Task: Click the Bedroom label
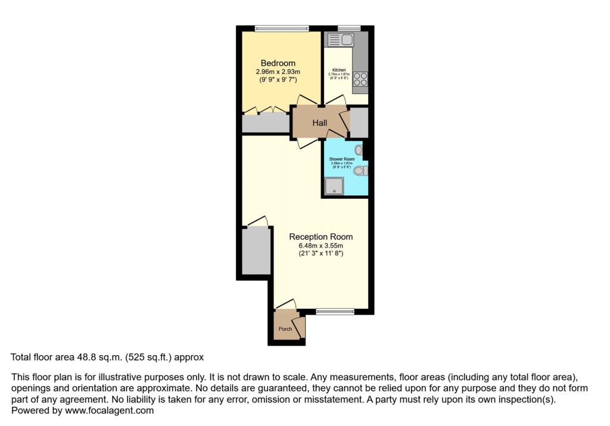pyautogui.click(x=278, y=63)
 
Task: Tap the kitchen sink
pyautogui.click(x=341, y=40)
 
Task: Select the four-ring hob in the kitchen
pyautogui.click(x=360, y=79)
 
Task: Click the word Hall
pyautogui.click(x=320, y=123)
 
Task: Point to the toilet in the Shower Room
pyautogui.click(x=360, y=171)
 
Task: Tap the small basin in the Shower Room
pyautogui.click(x=359, y=150)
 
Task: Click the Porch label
pyautogui.click(x=285, y=329)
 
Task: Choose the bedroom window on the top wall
pyautogui.click(x=281, y=27)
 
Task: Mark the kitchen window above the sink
pyautogui.click(x=349, y=27)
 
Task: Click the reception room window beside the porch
pyautogui.click(x=335, y=311)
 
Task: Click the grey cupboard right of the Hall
pyautogui.click(x=359, y=123)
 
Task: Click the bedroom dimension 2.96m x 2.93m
pyautogui.click(x=278, y=72)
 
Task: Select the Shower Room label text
pyautogui.click(x=342, y=159)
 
